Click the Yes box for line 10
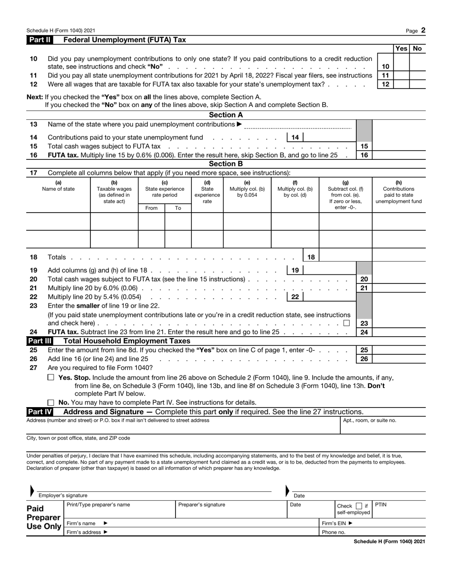(401, 67)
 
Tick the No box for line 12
(417, 84)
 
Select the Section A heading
(226, 115)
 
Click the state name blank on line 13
(297, 125)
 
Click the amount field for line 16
(399, 155)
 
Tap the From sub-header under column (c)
(151, 208)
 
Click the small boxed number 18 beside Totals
(311, 257)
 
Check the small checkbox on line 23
(346, 323)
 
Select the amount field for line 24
(399, 332)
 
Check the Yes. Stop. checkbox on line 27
(51, 377)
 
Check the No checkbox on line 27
(51, 402)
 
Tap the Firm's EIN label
(337, 523)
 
